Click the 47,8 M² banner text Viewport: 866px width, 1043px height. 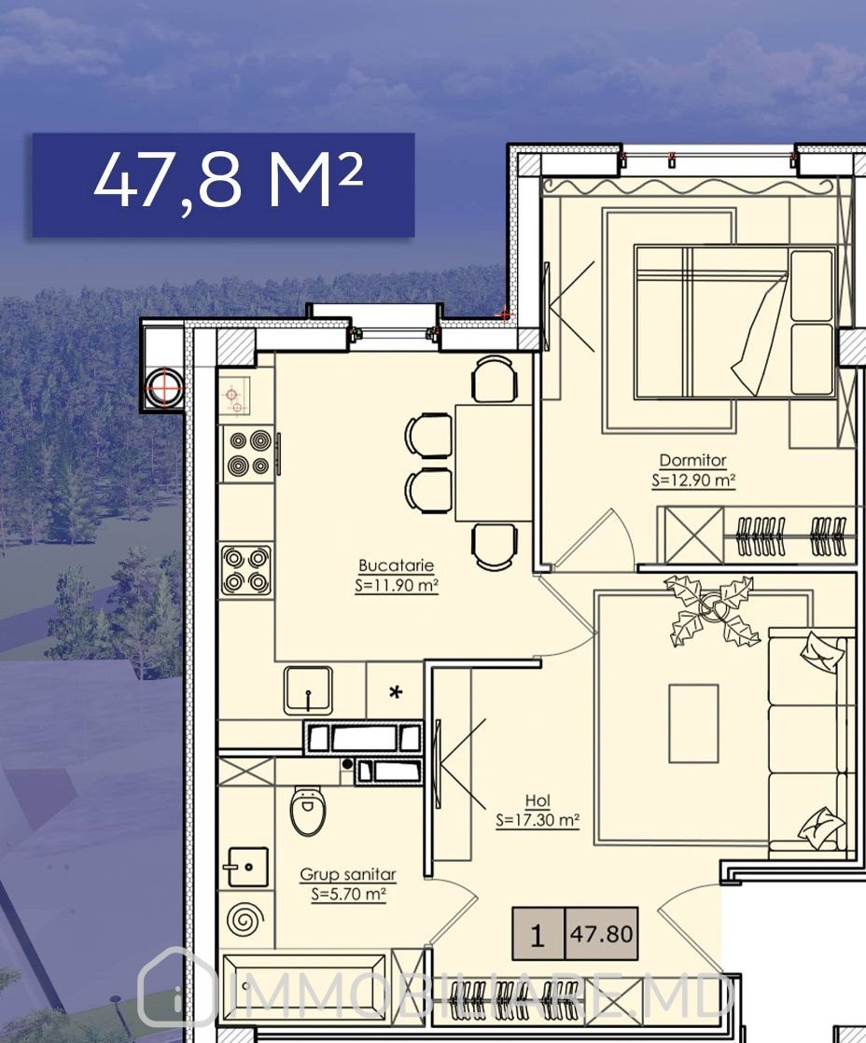[x=229, y=181]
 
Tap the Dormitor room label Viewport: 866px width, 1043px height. [x=692, y=460]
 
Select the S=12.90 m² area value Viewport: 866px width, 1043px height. [x=693, y=480]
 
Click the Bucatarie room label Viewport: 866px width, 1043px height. [x=396, y=565]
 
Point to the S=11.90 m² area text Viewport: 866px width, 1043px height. [x=397, y=585]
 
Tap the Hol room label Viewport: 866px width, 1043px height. [x=538, y=800]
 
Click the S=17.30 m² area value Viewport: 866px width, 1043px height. [x=538, y=820]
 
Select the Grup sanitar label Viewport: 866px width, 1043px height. [x=348, y=874]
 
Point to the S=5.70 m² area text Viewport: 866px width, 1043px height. [x=348, y=894]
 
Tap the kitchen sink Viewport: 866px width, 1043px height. [x=308, y=690]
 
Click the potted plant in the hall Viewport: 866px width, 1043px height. [x=712, y=609]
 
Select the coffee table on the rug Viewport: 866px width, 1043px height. [x=693, y=724]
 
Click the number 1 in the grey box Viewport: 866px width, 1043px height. [x=538, y=935]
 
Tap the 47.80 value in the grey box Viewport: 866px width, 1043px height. [x=601, y=934]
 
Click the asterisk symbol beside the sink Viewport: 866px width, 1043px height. [x=396, y=692]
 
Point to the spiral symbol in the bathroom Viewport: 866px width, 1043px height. [x=245, y=921]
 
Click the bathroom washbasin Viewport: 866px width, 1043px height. [x=247, y=867]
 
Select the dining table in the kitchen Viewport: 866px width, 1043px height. [x=493, y=463]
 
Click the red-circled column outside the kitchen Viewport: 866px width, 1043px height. [x=165, y=386]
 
